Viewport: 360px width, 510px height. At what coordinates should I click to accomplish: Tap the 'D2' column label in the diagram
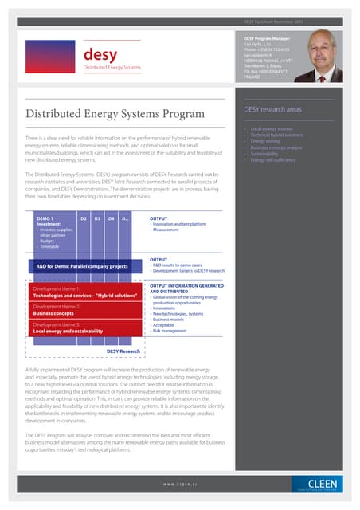[x=83, y=218]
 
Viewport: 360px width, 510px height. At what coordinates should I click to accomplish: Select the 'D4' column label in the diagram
[x=111, y=218]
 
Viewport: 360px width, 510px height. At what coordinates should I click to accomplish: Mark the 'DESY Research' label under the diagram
[x=123, y=351]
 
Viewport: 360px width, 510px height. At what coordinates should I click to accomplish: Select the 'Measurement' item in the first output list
[x=168, y=230]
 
